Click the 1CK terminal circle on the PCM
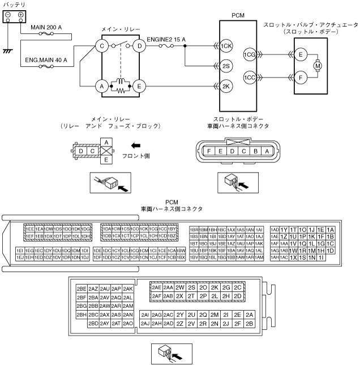[227, 46]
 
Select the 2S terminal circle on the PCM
[227, 66]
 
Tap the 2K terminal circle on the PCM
[227, 87]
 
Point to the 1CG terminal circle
[249, 55]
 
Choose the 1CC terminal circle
[249, 77]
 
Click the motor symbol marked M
[318, 66]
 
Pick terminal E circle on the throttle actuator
[301, 55]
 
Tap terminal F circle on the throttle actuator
[301, 77]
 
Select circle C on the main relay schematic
[102, 46]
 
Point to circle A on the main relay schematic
[102, 87]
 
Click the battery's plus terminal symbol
[20, 14]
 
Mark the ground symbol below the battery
[7, 51]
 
